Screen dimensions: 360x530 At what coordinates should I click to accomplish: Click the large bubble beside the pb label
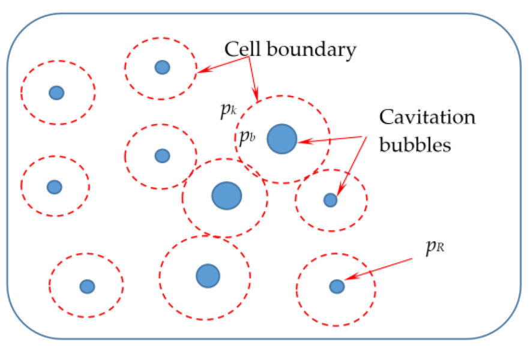[282, 139]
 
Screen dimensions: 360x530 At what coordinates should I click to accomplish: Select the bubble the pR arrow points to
[337, 286]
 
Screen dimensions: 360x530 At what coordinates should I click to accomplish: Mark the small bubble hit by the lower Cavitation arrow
[330, 200]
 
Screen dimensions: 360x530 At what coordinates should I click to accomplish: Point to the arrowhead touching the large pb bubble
[301, 142]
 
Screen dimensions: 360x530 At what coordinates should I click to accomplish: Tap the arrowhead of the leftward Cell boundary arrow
[202, 72]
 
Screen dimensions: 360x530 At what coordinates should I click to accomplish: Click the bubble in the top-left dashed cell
[56, 92]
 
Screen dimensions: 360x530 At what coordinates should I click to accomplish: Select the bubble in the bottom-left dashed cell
[87, 286]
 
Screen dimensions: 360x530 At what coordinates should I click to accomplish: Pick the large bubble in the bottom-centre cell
[208, 275]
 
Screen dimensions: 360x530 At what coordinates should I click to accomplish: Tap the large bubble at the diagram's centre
[226, 196]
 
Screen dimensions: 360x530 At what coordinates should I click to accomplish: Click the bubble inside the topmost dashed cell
[162, 67]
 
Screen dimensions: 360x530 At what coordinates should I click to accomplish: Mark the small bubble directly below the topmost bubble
[162, 156]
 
